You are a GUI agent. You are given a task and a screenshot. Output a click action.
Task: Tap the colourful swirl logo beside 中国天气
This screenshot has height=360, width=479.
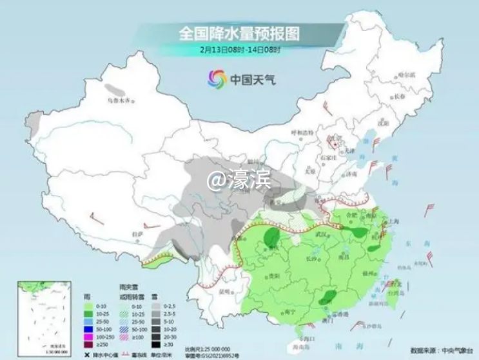pos(217,79)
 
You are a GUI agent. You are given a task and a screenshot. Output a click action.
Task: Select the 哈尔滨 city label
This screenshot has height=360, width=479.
pos(406,75)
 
